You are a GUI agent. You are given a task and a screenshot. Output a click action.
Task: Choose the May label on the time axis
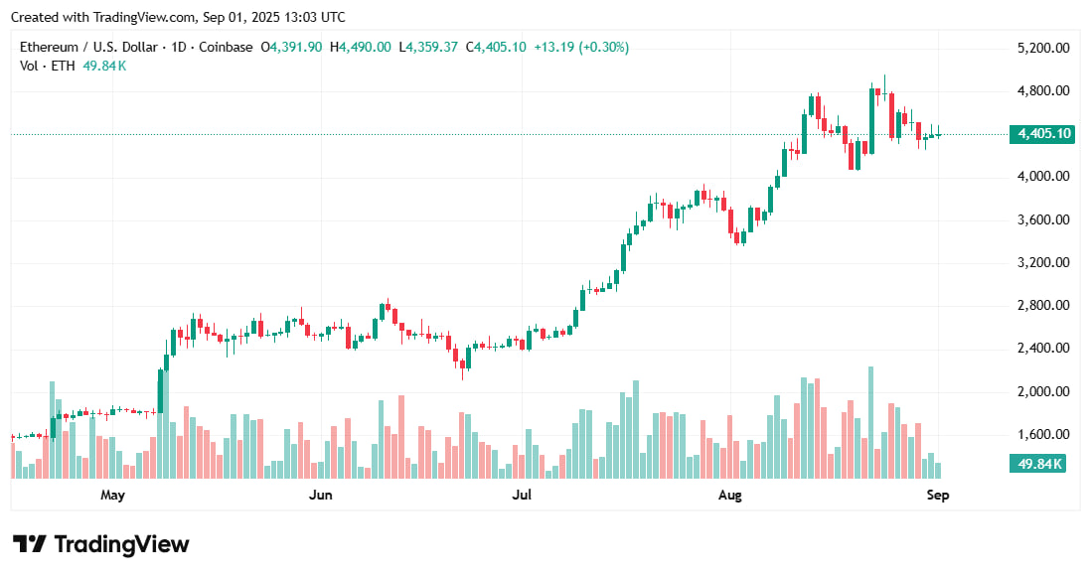(112, 495)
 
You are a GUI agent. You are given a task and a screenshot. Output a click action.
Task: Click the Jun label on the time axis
(320, 495)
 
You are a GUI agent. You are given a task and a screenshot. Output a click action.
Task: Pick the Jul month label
(521, 495)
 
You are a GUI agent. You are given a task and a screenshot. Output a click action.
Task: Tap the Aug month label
(729, 495)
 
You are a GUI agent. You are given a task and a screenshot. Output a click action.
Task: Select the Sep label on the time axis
(938, 495)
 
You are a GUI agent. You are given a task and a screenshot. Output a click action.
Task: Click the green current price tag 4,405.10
(1041, 134)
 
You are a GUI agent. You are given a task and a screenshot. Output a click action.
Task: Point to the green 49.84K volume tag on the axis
(1037, 464)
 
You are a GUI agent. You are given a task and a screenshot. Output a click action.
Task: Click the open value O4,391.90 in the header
(291, 48)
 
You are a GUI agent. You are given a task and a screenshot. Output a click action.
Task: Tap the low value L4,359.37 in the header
(429, 48)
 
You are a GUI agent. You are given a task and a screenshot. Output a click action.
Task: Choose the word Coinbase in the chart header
(225, 48)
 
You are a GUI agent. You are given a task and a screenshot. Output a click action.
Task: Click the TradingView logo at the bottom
(100, 544)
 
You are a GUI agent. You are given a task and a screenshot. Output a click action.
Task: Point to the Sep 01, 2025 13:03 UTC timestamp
(260, 17)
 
